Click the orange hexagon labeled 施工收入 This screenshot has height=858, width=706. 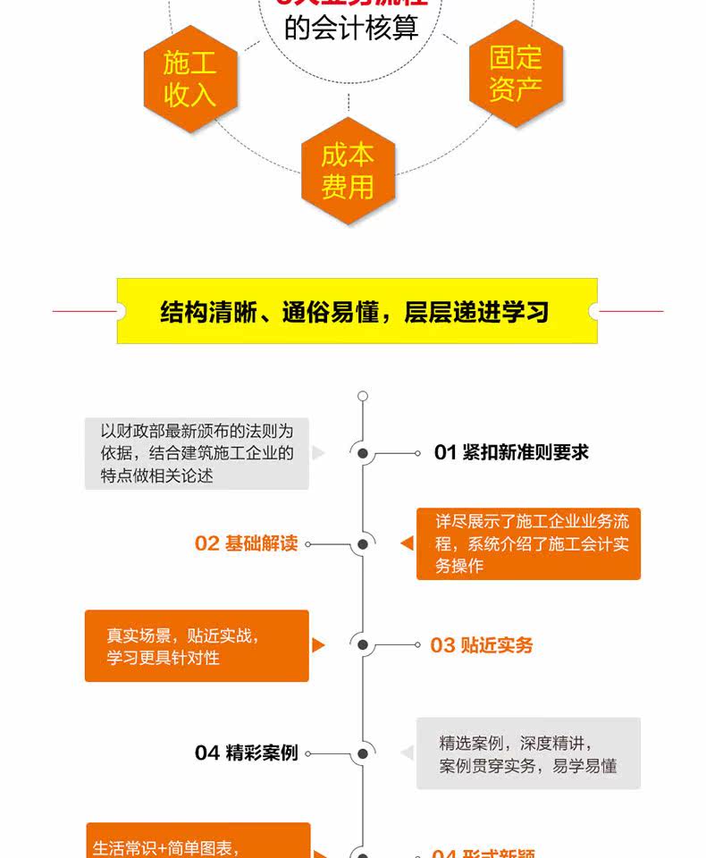tap(189, 79)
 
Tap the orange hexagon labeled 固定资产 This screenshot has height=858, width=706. tap(516, 73)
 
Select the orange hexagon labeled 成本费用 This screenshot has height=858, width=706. tap(348, 170)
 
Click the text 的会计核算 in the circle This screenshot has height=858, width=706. tap(351, 27)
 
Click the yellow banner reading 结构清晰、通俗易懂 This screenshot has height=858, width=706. tap(357, 311)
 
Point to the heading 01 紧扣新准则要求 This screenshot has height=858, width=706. tap(511, 452)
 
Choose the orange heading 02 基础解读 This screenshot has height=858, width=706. tap(246, 543)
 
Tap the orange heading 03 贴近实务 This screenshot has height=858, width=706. tap(482, 645)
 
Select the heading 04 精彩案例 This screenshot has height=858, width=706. tap(246, 753)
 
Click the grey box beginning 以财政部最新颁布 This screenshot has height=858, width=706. tap(197, 453)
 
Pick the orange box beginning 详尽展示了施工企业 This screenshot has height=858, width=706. tap(528, 543)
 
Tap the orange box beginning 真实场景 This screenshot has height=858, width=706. tap(197, 645)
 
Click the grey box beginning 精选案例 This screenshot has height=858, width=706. tap(528, 753)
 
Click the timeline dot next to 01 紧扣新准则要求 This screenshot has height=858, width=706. tap(363, 453)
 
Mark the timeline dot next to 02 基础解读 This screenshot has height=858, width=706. tap(363, 543)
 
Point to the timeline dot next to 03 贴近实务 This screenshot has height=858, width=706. tap(363, 644)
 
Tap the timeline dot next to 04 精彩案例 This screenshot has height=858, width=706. tap(363, 753)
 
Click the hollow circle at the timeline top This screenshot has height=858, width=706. tap(362, 395)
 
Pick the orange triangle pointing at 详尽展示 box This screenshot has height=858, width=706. tap(408, 543)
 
